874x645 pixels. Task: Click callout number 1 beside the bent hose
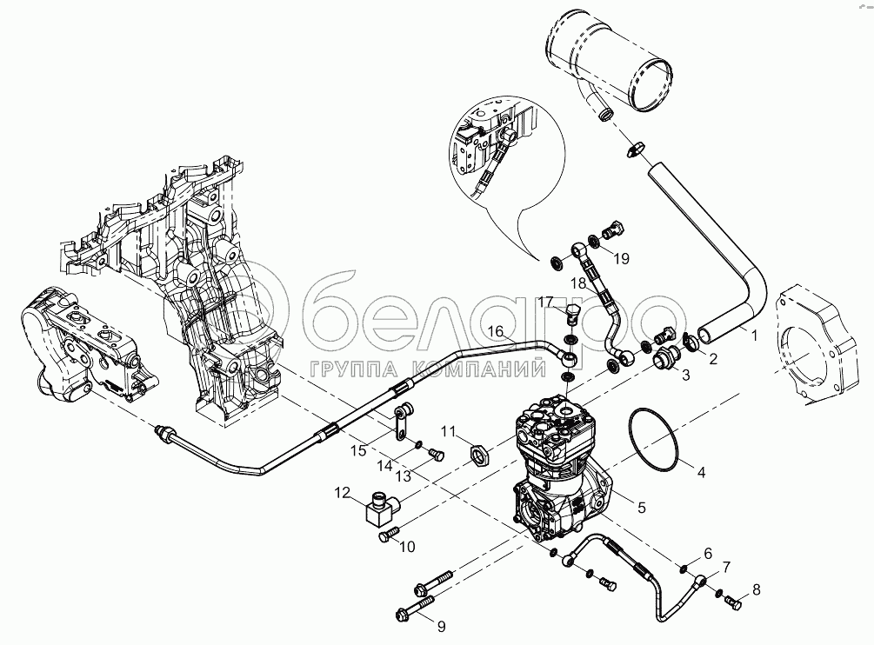click(754, 333)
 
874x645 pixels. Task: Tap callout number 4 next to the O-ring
click(700, 473)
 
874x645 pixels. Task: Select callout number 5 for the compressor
click(642, 505)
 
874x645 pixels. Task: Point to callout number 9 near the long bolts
click(441, 625)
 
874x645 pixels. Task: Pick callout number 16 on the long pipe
click(494, 330)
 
